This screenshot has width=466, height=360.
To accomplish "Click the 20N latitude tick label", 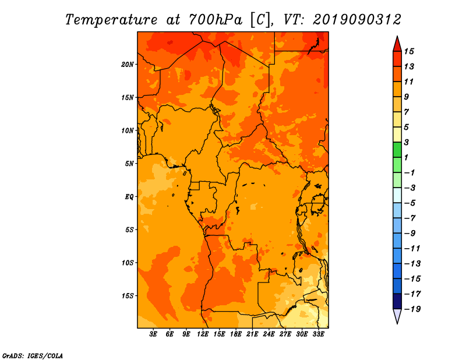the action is click(128, 64).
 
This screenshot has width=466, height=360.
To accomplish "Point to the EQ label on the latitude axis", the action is click(129, 196).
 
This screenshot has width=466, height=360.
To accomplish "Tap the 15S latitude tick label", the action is click(128, 296).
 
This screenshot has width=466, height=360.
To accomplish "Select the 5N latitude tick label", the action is click(129, 164).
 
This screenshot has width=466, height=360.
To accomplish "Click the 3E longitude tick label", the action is click(153, 334).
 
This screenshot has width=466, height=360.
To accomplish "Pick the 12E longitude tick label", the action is click(203, 334).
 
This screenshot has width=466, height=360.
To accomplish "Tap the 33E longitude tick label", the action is click(318, 334).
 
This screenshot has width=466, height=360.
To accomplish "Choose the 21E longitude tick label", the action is click(252, 334).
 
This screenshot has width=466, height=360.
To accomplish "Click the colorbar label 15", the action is click(409, 51).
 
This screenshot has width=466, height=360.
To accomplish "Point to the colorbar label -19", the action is click(412, 309).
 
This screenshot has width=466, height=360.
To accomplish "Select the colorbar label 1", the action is click(406, 157).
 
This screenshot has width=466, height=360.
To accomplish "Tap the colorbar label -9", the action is click(409, 234).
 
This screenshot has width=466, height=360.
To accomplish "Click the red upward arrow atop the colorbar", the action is click(397, 44).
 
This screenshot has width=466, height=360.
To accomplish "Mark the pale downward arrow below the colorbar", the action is click(397, 316).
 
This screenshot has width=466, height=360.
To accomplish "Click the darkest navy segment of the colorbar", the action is click(397, 301).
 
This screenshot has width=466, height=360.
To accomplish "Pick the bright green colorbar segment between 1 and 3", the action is click(397, 150).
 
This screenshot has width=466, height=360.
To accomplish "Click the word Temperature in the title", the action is click(111, 20).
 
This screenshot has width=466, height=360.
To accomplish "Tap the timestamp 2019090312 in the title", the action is click(357, 20).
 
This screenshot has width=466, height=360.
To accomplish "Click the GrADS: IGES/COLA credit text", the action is click(33, 356).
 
